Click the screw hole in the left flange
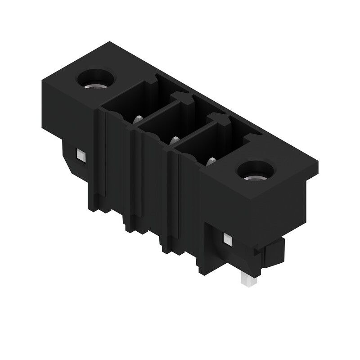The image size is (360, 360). pyautogui.click(x=96, y=80)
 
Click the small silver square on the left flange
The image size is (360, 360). pyautogui.click(x=81, y=156)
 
